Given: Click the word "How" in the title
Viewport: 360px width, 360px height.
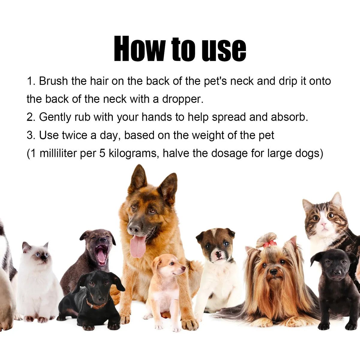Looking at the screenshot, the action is pos(140,49).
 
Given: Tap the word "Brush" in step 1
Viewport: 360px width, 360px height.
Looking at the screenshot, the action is pos(53,81).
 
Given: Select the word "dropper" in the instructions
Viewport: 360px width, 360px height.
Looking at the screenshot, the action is pos(182,99).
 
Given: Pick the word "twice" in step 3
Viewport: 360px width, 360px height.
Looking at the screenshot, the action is pos(74,135).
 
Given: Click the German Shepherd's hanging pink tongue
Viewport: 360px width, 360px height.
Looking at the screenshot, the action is pos(138,246).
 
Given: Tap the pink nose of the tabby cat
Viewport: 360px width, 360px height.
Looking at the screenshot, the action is pos(323,224).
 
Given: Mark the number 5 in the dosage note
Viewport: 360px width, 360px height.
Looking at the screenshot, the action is pos(102,153).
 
